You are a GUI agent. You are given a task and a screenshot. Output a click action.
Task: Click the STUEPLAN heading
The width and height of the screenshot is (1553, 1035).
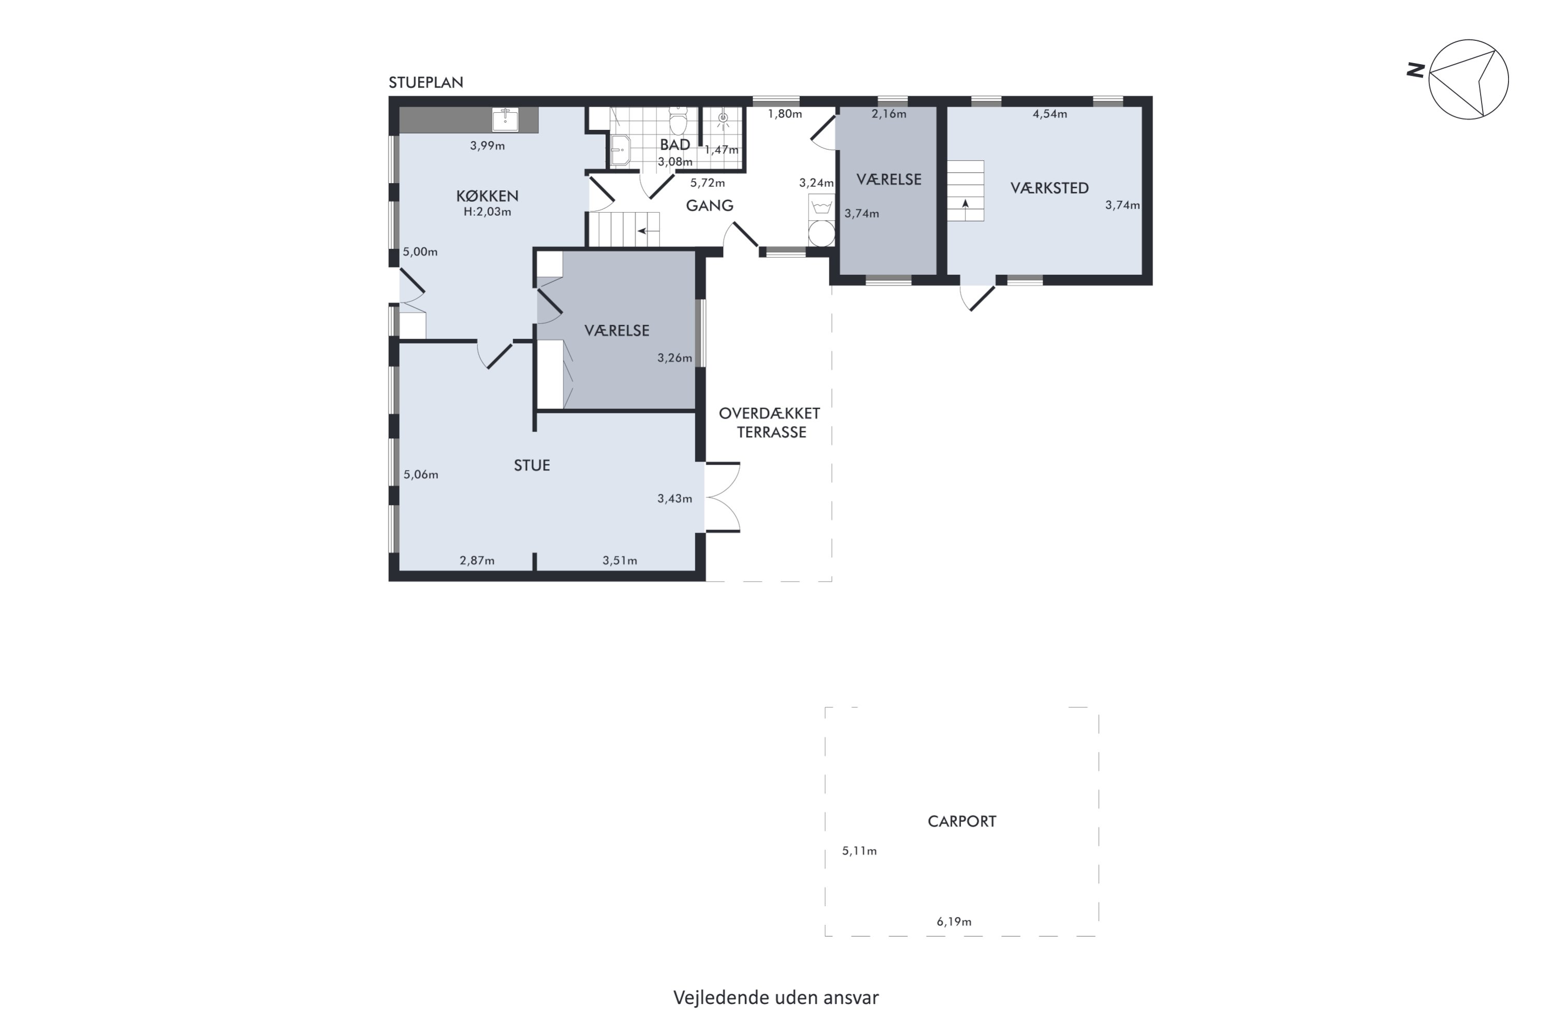pos(426,82)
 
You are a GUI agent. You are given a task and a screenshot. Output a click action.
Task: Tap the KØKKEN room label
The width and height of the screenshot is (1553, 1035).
pos(487,196)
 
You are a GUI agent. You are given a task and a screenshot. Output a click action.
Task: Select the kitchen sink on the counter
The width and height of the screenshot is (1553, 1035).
pos(505,120)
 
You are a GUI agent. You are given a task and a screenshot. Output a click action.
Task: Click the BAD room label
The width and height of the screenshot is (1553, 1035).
pos(675,144)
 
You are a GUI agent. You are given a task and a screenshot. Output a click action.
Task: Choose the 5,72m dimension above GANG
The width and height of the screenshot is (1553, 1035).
pos(707,183)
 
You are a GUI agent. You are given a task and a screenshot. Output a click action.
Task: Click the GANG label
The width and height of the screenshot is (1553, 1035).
pos(709,205)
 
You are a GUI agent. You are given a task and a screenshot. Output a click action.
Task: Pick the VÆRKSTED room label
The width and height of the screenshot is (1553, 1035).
pos(1049,188)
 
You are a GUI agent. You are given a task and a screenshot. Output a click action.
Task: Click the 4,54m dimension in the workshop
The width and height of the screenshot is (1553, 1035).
pos(1050,113)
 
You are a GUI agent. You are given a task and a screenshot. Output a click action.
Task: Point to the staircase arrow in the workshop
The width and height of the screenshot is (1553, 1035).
pos(965,204)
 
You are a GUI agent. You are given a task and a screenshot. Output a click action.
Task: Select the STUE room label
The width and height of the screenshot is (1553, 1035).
pos(532,465)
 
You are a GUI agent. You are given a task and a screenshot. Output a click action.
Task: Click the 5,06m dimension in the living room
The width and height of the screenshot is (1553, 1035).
pos(420,475)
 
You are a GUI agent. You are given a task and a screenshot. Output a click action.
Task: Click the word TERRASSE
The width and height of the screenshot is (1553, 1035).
pos(771,432)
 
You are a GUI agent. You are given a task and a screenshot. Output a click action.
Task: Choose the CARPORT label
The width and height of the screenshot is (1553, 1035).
pos(961,821)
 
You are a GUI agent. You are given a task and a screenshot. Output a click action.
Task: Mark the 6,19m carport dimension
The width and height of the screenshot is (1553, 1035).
pos(954,922)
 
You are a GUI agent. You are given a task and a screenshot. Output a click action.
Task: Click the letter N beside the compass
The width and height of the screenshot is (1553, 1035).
pos(1414,70)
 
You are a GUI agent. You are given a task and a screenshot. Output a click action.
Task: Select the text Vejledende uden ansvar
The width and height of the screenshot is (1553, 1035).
pos(776,997)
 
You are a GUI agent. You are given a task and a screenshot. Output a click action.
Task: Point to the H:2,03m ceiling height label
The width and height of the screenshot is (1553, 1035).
pos(487,212)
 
